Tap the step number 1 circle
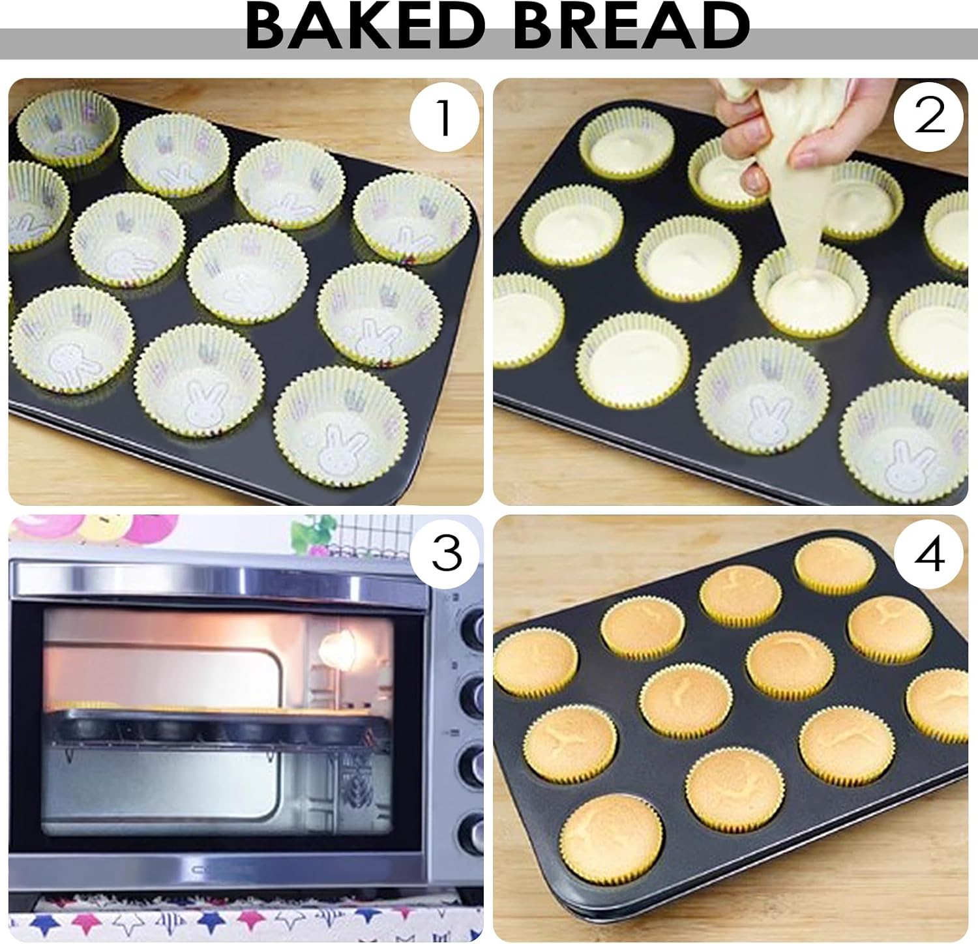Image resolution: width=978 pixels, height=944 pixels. pyautogui.click(x=444, y=117)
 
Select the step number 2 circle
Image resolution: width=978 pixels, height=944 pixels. pyautogui.click(x=929, y=116)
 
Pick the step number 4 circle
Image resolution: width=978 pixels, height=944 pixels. pyautogui.click(x=929, y=555)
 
